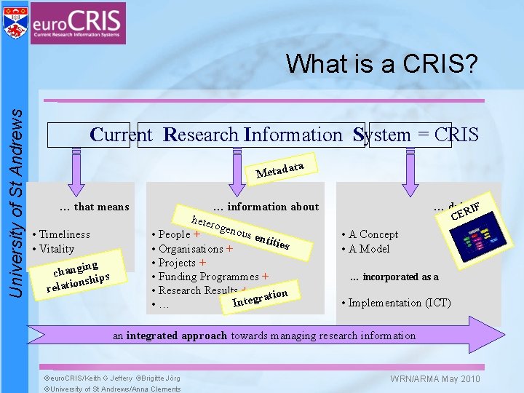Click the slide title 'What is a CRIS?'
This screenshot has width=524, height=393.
pos(382,65)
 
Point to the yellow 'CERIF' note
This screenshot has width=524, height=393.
pos(472,207)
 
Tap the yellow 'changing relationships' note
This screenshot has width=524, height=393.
pos(78,275)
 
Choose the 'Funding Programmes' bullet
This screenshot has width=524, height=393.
pos(209,277)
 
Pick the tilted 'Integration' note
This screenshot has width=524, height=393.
pos(260,297)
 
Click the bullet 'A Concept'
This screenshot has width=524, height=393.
pos(373,234)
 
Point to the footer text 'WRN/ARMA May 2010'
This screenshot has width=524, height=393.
pos(435,378)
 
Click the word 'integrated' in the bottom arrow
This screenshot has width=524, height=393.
pos(152,336)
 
